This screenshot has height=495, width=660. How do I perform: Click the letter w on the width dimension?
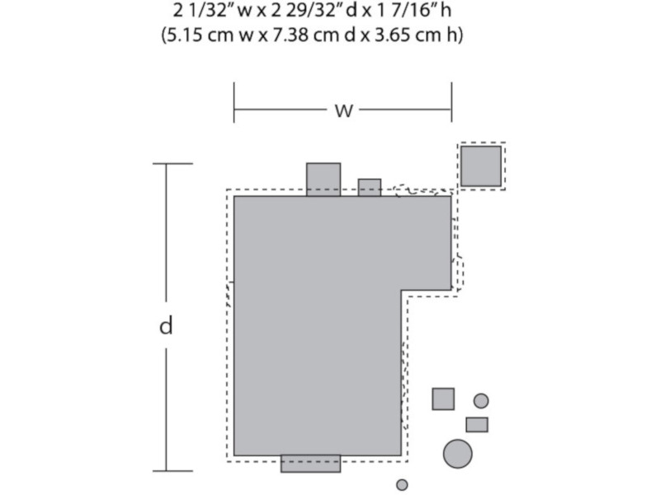point(343,111)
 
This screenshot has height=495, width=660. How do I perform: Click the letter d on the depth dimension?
point(167,325)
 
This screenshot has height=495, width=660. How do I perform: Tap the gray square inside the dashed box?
point(481,166)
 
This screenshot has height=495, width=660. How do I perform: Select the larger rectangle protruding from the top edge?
point(323,180)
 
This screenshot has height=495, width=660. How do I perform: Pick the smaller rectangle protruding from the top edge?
point(370,188)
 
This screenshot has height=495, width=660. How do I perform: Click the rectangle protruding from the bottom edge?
point(311,464)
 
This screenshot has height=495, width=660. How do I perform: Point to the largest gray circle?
point(458,454)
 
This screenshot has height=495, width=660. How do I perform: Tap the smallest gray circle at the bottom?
point(402,485)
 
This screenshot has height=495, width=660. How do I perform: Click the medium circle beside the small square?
point(481,401)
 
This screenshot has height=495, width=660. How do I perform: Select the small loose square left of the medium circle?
point(443,399)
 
